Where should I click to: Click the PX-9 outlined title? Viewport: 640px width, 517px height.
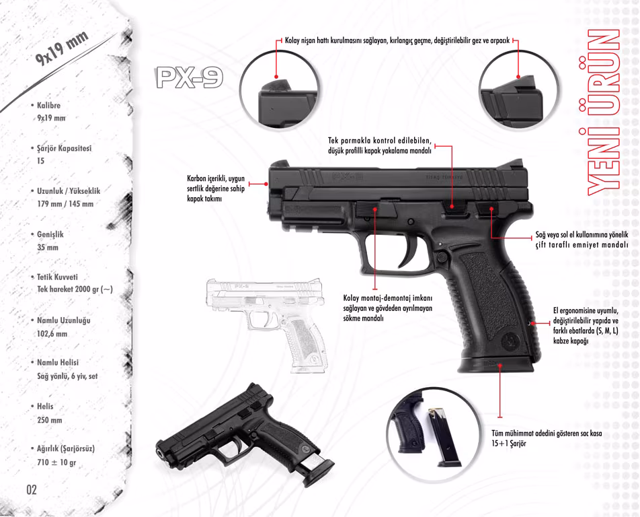[x=190, y=77]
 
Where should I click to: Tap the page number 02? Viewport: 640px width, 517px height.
[x=32, y=489]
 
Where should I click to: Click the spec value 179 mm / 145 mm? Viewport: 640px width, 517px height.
[x=65, y=203]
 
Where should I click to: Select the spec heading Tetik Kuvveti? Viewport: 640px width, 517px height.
[x=57, y=277]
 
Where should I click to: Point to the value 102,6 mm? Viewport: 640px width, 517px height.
[x=52, y=333]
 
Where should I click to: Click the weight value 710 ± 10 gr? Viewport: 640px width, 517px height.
[x=56, y=462]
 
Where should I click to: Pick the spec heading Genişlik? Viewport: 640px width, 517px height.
[x=50, y=234]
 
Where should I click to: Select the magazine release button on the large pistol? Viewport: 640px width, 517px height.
[x=442, y=258]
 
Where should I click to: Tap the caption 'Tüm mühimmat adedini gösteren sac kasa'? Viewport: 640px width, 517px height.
[x=547, y=434]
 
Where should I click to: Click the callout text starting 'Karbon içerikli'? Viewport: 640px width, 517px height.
[x=216, y=188]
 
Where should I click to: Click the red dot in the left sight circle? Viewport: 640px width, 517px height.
[x=276, y=77]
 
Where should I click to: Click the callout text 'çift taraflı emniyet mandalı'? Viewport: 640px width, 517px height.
[x=582, y=245]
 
